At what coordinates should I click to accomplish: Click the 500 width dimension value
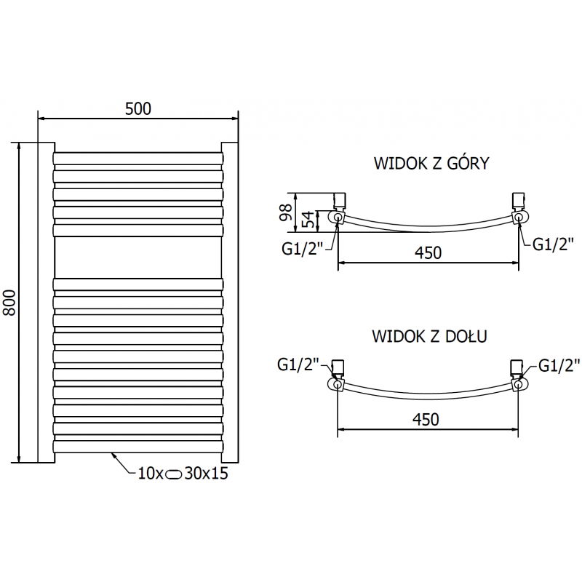[137, 108]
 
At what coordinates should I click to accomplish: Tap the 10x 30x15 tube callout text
[182, 474]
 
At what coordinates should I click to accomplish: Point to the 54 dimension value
[306, 218]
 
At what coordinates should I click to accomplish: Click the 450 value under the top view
[428, 252]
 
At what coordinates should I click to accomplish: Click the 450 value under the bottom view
[428, 420]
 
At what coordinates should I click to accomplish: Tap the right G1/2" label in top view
[554, 244]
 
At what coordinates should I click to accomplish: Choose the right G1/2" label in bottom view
[559, 365]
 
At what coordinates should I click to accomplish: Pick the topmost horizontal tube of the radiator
[137, 159]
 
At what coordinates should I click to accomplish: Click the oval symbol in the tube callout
[175, 474]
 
